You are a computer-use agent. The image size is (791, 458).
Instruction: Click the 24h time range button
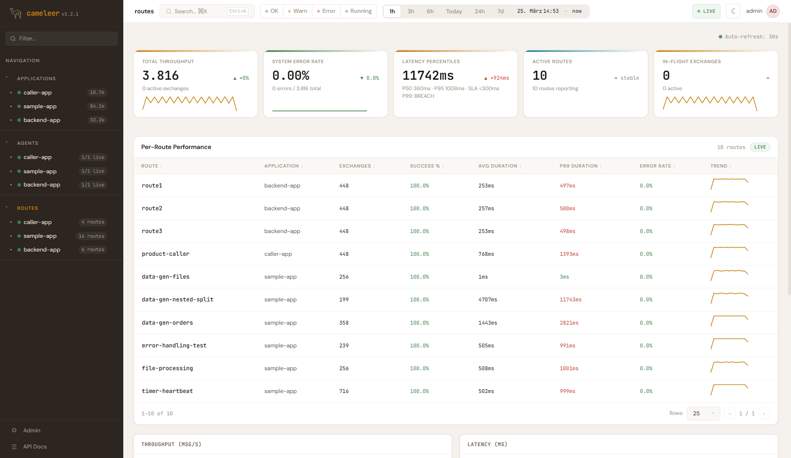(479, 11)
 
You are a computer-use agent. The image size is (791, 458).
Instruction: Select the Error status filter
(326, 11)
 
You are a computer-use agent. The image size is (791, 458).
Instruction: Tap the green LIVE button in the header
(706, 11)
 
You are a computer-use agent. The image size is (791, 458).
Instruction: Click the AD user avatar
(773, 11)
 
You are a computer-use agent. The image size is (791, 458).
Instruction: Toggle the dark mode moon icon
(734, 11)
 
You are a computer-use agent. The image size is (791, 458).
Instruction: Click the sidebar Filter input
(62, 38)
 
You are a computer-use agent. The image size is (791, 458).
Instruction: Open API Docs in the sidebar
(35, 447)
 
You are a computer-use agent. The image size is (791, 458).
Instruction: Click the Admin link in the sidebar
(32, 430)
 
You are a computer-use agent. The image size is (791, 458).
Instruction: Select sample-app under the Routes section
(40, 236)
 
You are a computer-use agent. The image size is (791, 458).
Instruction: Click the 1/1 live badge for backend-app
(92, 185)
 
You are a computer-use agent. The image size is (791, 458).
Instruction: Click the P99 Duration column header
(579, 166)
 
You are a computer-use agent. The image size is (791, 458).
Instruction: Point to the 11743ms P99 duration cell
(570, 300)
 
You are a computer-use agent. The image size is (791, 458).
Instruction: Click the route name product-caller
(166, 254)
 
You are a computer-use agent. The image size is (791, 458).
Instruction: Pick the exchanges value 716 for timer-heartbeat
(344, 391)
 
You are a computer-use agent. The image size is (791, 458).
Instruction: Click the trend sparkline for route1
(729, 184)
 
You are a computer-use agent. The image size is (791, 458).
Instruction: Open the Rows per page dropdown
(703, 413)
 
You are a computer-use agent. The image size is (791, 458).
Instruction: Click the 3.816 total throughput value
(160, 76)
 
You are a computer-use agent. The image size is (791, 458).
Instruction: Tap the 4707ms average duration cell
(487, 300)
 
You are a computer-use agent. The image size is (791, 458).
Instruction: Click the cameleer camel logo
(16, 13)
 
